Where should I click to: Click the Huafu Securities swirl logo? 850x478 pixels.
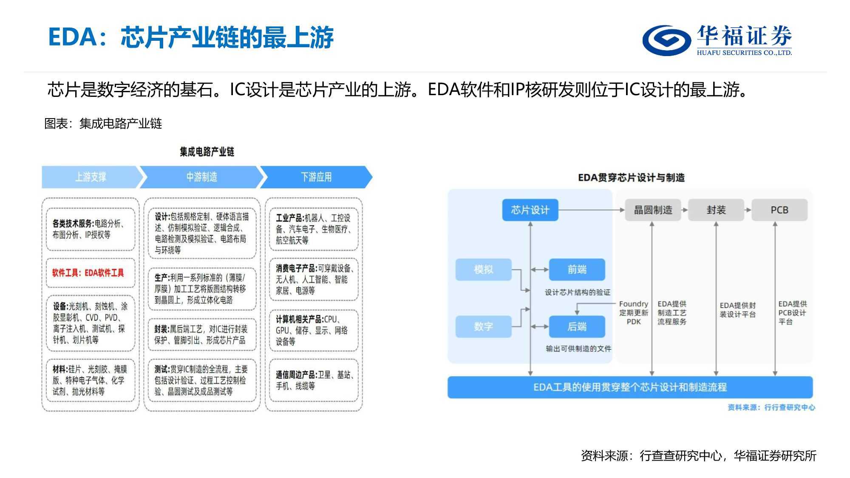coord(666,40)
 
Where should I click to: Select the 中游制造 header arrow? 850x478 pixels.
coord(201,177)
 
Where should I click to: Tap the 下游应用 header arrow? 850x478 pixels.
coord(316,177)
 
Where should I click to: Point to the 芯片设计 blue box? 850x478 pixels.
coord(530,210)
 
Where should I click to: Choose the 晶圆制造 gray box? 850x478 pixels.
coord(653,210)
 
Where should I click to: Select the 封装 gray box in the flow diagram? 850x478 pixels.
coord(716,210)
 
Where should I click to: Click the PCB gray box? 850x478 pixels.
coord(779,210)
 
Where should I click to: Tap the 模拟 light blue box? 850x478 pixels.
coord(484,269)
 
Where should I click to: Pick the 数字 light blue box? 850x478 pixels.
coord(484,326)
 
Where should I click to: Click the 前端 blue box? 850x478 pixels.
coord(577,269)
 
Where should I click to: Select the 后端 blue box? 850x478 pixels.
coord(577,326)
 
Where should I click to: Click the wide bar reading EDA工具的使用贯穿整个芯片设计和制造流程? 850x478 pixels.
coord(630,387)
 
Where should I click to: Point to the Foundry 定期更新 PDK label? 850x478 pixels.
coord(634,313)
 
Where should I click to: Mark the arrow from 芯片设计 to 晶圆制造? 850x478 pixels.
coord(591,210)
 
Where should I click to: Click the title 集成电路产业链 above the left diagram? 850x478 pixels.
coord(207,152)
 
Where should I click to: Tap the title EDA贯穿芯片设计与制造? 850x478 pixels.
coord(631,178)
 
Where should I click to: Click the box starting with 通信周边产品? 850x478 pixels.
coord(314,380)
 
